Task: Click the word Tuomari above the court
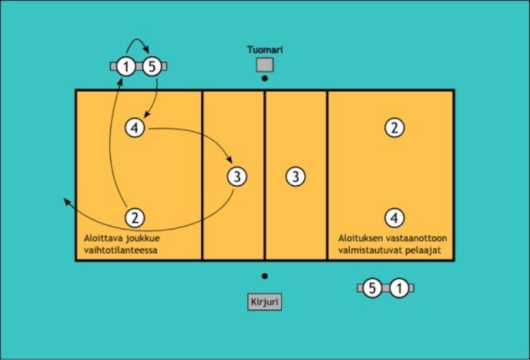pyautogui.click(x=264, y=50)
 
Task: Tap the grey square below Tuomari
pyautogui.click(x=264, y=65)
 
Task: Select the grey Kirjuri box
pyautogui.click(x=264, y=301)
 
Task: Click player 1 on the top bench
pyautogui.click(x=126, y=67)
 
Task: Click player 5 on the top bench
pyautogui.click(x=151, y=67)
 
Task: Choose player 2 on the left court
pyautogui.click(x=135, y=217)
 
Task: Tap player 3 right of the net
pyautogui.click(x=295, y=176)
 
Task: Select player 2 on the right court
pyautogui.click(x=393, y=127)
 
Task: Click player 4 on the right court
pyautogui.click(x=393, y=217)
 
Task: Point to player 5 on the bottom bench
pyautogui.click(x=372, y=288)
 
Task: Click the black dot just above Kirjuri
pyautogui.click(x=264, y=276)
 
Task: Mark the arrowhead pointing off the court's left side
pyautogui.click(x=66, y=202)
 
